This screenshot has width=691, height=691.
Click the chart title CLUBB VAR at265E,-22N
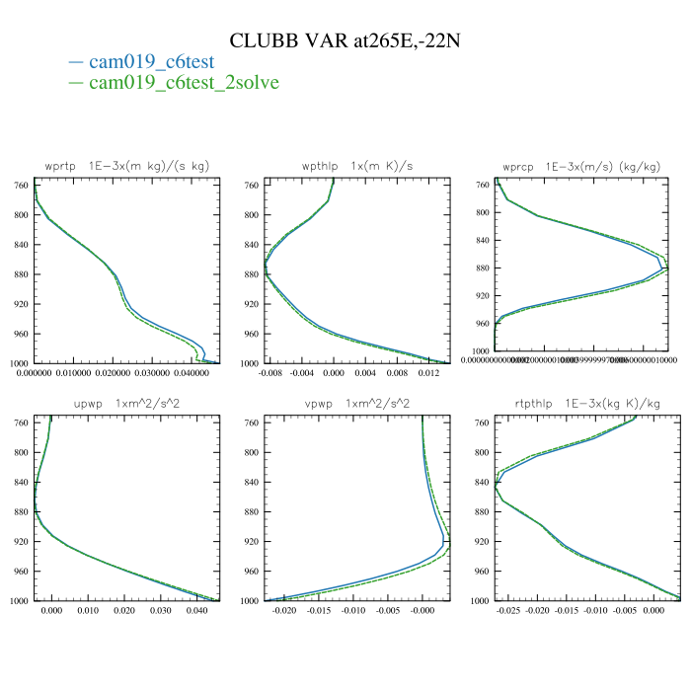[345, 40]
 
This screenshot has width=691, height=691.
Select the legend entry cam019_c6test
[151, 61]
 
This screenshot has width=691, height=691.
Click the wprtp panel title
[127, 164]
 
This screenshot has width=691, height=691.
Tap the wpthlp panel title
[356, 164]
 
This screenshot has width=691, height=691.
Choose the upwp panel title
[127, 404]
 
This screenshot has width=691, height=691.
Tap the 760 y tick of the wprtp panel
[21, 186]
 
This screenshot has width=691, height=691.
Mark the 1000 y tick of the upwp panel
[19, 601]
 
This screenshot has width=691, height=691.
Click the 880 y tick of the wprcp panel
[481, 269]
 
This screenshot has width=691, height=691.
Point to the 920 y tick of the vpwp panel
[251, 542]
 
